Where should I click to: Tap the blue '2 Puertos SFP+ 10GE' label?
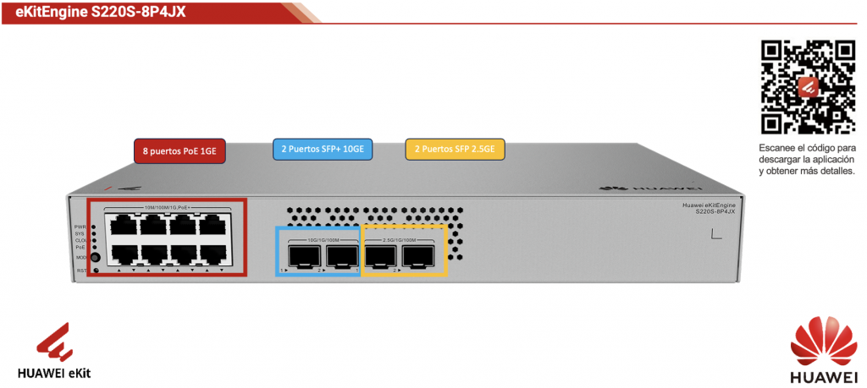(x=323, y=150)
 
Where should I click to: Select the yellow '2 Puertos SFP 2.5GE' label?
(x=455, y=150)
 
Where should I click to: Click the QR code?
(x=808, y=88)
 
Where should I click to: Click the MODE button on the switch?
(x=95, y=256)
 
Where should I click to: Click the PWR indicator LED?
(x=93, y=227)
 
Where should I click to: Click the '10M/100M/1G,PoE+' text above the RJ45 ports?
(x=166, y=208)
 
